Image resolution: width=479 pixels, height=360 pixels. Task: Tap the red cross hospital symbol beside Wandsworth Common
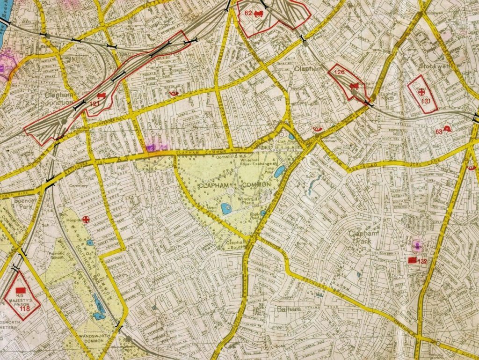(x=86, y=219)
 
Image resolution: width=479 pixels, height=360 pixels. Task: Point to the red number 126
(x=340, y=72)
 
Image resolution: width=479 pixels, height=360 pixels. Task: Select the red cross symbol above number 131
(x=422, y=91)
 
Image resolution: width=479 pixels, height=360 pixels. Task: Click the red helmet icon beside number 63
(x=448, y=129)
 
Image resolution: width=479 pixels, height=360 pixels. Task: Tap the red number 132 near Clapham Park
(x=423, y=261)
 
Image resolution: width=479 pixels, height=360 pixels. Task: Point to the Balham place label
(x=288, y=309)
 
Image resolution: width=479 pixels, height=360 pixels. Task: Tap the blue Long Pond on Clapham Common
(x=280, y=172)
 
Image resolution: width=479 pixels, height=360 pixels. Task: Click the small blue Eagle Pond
(x=263, y=213)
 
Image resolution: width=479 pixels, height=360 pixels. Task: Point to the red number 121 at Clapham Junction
(x=95, y=103)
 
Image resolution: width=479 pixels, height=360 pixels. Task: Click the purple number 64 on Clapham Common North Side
(x=164, y=147)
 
